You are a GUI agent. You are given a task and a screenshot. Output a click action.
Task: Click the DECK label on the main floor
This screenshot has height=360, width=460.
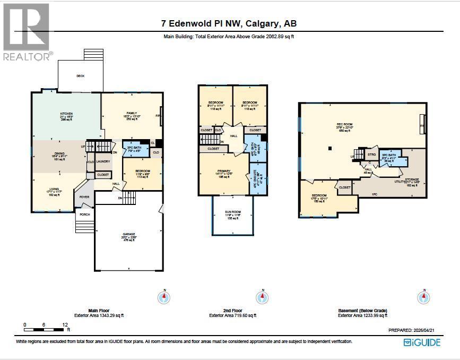pos(81,76)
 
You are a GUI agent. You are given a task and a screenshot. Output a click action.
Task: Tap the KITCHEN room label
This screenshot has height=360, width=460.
pos(66,114)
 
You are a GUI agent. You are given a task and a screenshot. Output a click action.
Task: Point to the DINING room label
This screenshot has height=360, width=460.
pos(59,153)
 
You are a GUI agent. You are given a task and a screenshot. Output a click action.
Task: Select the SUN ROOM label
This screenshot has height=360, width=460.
pos(233,212)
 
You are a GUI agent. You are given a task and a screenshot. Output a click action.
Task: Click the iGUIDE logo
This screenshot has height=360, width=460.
pos(422,342)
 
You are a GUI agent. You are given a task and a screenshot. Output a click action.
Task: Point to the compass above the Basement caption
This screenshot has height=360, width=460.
pos(424,297)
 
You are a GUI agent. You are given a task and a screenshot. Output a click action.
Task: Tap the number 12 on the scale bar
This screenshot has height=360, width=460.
pos(65,324)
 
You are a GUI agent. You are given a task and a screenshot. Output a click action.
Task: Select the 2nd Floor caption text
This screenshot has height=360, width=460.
pos(232,311)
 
